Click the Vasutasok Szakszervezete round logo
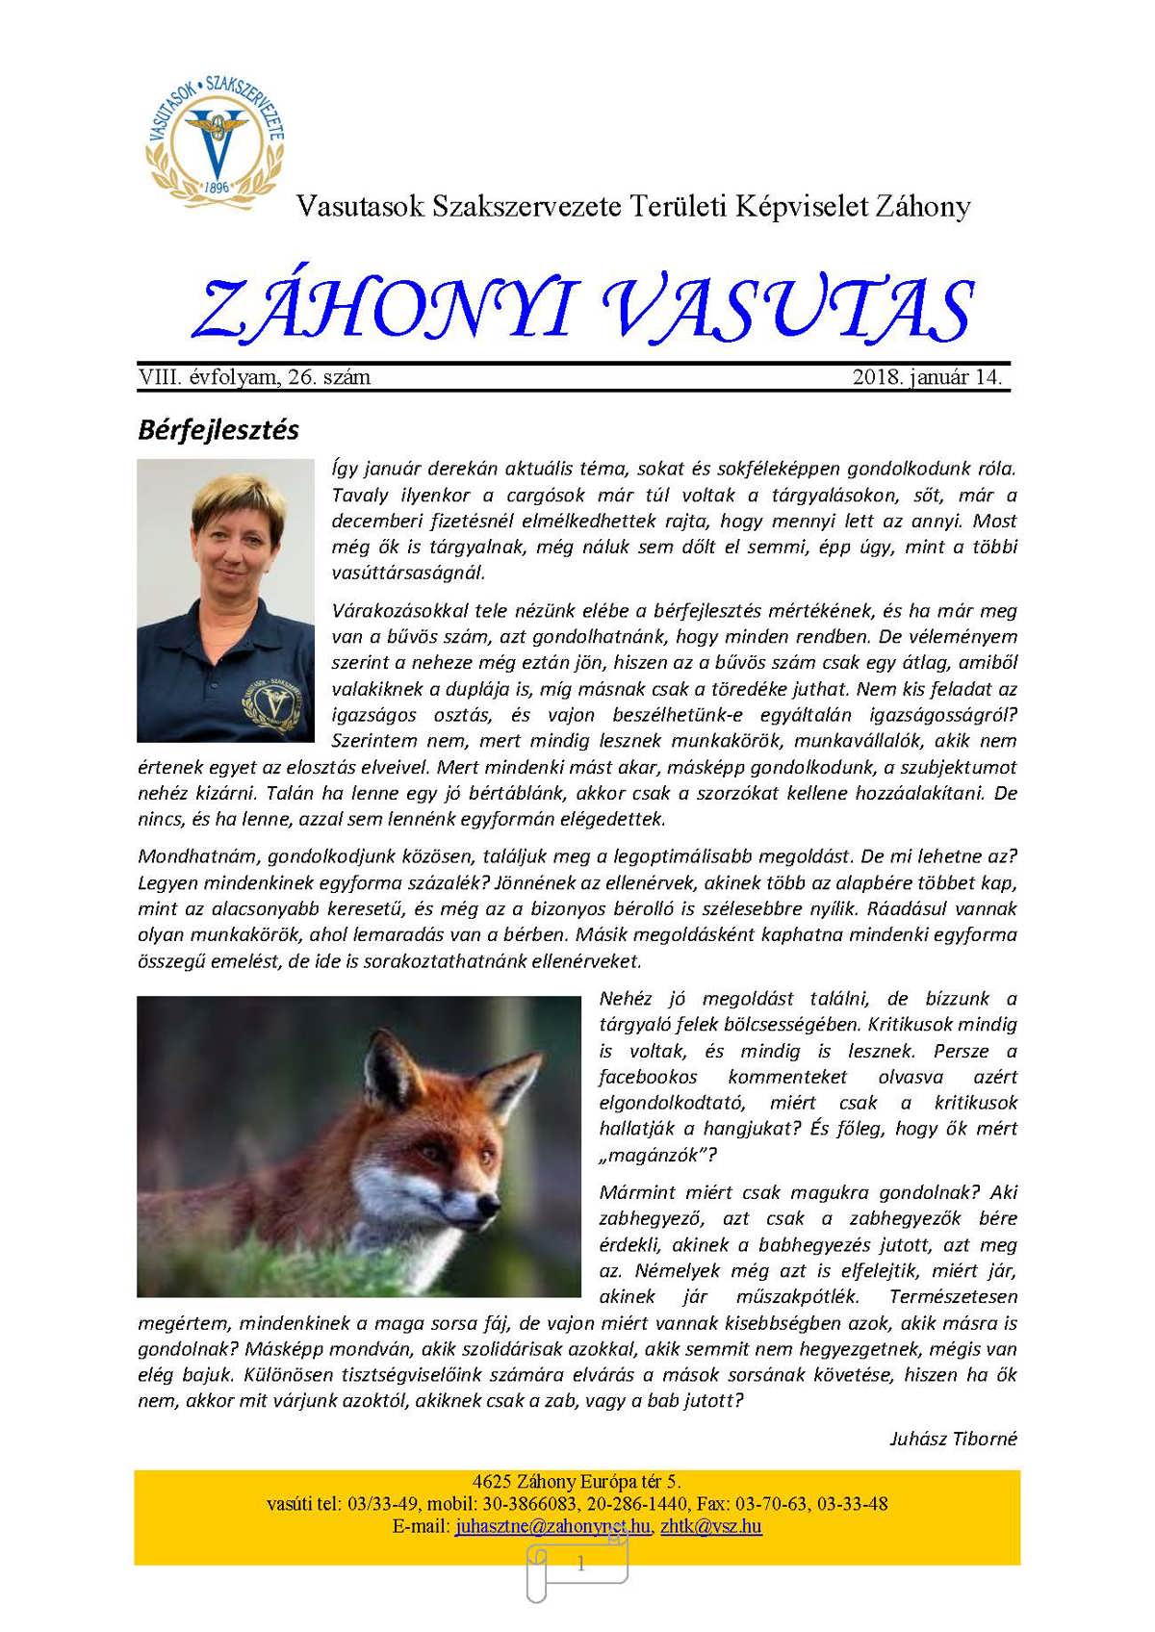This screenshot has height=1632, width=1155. [216, 137]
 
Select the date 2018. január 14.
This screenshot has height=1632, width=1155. [927, 377]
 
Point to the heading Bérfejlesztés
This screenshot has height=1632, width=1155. [218, 429]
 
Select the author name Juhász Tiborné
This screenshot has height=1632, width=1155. [953, 1439]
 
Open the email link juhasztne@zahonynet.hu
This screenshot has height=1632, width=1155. [553, 1526]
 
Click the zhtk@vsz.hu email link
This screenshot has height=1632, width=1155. [711, 1526]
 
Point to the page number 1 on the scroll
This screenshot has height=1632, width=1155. [580, 1565]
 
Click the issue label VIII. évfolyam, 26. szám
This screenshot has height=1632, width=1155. [254, 377]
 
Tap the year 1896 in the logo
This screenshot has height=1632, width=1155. [217, 186]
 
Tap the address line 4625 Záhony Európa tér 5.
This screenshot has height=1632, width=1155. [577, 1482]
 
